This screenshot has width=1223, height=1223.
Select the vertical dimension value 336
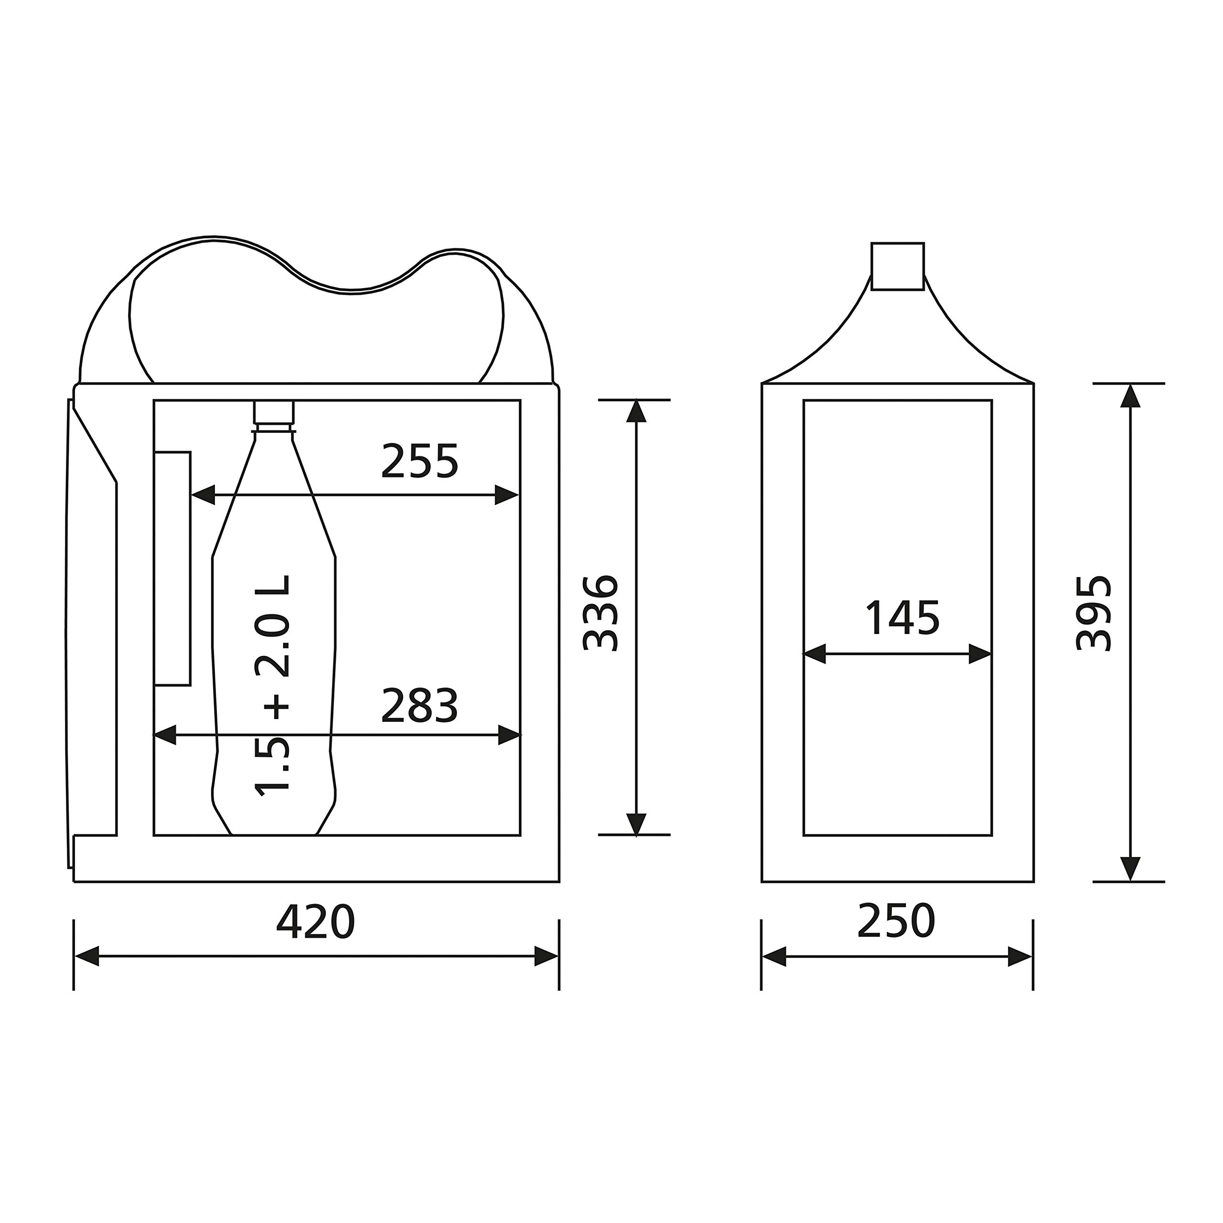coord(600,613)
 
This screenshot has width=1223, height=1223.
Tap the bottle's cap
coord(275,412)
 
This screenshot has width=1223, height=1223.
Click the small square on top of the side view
coord(898,266)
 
